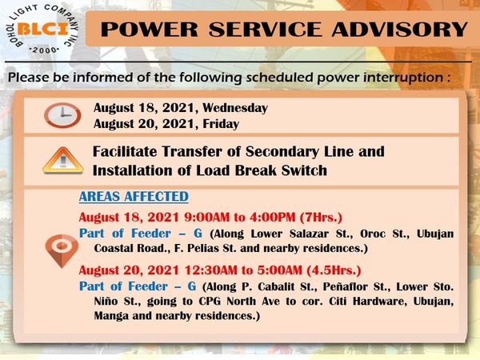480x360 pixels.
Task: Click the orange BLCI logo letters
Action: tap(43, 30)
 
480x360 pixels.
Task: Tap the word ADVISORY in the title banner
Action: tap(400, 30)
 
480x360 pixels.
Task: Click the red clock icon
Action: tap(62, 115)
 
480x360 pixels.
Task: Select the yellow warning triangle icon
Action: tap(62, 161)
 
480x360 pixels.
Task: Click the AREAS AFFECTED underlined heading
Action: tap(134, 197)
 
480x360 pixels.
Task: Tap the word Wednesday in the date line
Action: tap(235, 108)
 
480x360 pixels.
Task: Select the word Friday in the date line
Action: tap(221, 124)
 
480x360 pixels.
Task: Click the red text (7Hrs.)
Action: tap(321, 218)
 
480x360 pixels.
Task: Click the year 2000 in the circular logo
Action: tap(44, 50)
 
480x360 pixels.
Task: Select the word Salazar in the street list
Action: tap(309, 234)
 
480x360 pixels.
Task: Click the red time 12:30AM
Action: tap(211, 270)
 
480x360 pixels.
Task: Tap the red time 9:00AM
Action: tap(207, 218)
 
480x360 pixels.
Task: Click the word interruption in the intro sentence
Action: tap(403, 78)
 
